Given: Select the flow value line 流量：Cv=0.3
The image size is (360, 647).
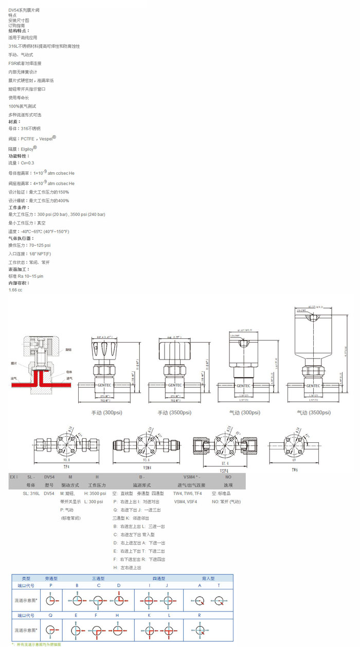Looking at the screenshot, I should [21, 163].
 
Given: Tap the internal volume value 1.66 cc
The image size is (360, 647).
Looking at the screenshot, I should [15, 290].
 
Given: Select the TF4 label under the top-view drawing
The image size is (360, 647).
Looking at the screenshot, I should [66, 467].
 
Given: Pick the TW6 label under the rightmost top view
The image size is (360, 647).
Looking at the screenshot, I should [294, 470].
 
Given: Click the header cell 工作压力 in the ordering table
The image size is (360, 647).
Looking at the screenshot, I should [97, 485].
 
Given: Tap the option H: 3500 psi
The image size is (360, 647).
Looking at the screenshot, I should [95, 493].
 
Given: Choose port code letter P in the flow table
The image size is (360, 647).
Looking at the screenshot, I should [50, 585].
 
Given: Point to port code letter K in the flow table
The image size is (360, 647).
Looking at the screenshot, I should [149, 615].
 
